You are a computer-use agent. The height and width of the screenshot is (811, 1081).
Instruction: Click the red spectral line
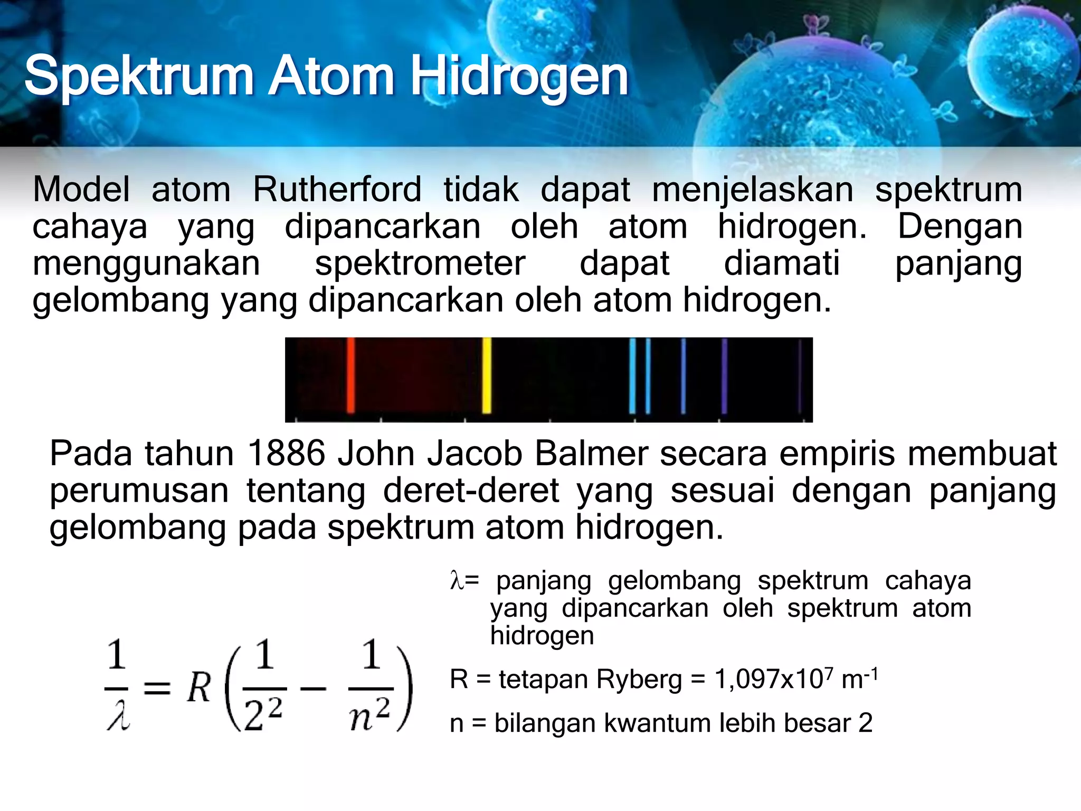350,375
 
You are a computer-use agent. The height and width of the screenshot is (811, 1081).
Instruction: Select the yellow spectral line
487,375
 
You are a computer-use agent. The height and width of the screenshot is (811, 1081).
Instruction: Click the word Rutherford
337,190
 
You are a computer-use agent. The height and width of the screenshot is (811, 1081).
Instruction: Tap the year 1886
286,454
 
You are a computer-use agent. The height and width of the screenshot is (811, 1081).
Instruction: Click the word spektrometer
420,263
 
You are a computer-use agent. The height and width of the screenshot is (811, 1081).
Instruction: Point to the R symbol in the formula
199,689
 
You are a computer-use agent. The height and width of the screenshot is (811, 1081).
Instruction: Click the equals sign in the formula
157,689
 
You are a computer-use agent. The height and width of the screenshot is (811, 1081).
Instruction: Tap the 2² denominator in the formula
264,714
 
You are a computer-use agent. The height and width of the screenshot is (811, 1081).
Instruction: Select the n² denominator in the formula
370,714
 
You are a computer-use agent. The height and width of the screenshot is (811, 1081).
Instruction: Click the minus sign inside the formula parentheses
314,689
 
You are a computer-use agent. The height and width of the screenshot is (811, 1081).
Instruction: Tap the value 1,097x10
769,680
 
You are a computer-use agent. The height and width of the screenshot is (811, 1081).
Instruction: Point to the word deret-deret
471,491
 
